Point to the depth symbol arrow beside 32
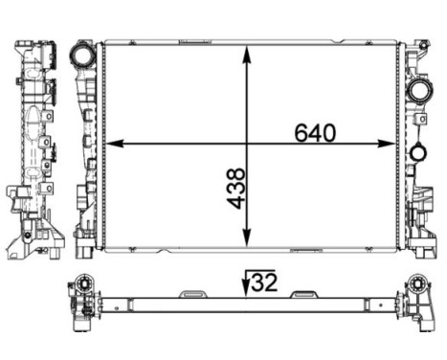pyautogui.click(x=246, y=281)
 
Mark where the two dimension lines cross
pyautogui.click(x=249, y=145)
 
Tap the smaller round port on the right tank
pyautogui.click(x=416, y=152)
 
